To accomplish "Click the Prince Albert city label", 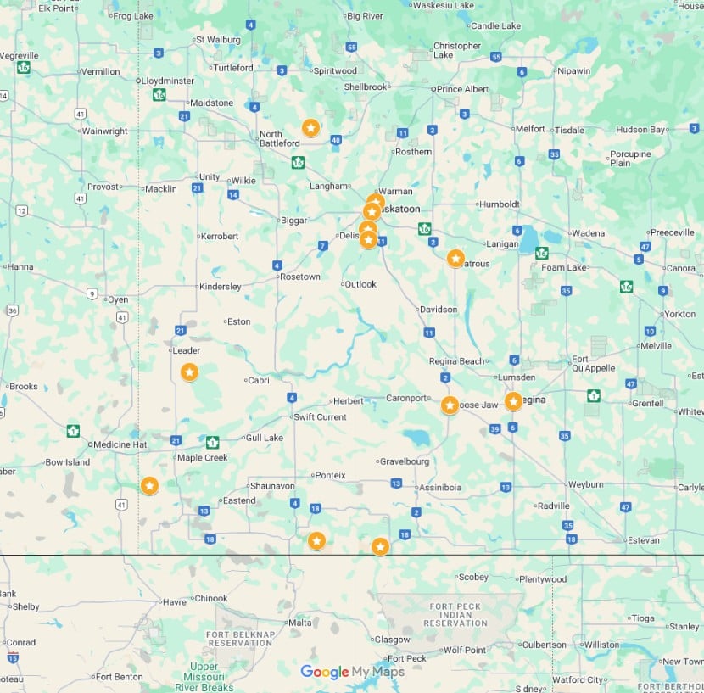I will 463,89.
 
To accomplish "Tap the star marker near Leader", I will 189,372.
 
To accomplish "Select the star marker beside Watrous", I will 455,258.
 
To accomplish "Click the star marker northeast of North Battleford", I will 311,128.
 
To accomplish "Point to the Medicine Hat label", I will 120,444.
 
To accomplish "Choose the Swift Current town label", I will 320,417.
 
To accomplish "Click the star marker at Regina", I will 513,401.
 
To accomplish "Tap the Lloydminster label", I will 168,81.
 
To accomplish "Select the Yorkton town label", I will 679,314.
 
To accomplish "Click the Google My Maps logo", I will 352,672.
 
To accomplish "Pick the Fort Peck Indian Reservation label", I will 455,615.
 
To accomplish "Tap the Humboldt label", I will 500,204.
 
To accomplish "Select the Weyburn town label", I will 585,484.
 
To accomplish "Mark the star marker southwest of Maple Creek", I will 149,486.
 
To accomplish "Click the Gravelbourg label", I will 405,462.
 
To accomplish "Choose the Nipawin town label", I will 573,71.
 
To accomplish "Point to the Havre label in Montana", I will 175,602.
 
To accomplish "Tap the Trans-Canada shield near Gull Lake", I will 213,442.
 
